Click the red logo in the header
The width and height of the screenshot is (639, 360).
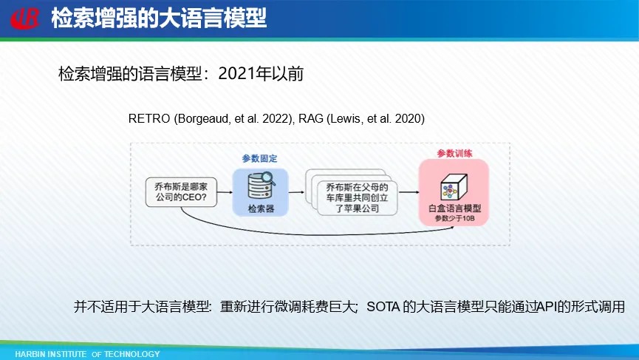(24, 18)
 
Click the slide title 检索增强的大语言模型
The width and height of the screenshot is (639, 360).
(159, 18)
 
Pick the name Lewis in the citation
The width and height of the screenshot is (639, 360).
(346, 118)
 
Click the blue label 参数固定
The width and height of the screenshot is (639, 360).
(259, 158)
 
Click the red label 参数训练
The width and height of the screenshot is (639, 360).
(454, 153)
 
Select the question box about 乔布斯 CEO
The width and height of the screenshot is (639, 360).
(181, 192)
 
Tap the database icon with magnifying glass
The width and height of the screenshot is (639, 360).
(262, 186)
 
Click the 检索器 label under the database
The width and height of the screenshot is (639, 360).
(261, 208)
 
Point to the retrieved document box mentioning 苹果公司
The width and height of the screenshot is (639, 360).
(357, 197)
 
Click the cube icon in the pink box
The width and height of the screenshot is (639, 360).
(454, 187)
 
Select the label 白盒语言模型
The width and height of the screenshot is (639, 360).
(454, 208)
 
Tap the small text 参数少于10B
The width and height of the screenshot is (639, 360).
(454, 219)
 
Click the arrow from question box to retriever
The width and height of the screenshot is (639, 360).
(225, 192)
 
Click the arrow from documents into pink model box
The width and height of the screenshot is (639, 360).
(409, 192)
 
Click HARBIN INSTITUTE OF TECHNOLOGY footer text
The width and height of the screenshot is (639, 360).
(87, 354)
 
